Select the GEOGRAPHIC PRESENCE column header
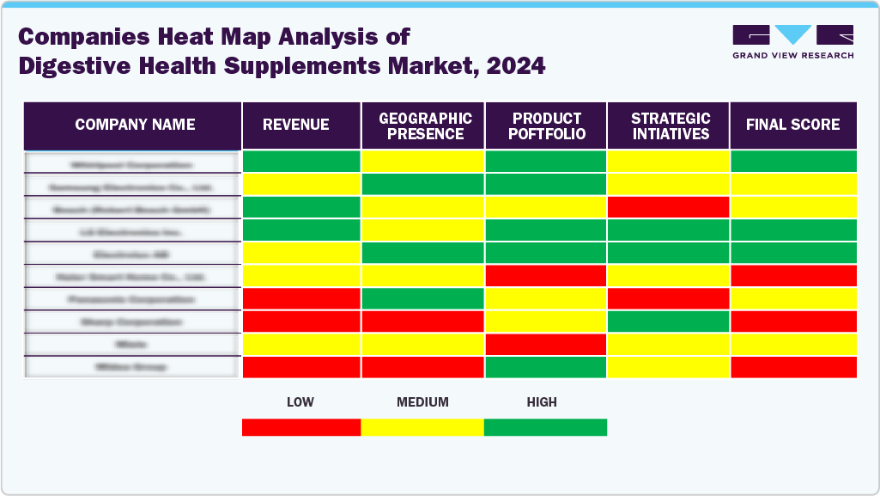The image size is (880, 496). pos(423,126)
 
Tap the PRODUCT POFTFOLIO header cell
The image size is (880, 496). pos(546,126)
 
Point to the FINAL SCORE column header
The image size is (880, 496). pos(792,126)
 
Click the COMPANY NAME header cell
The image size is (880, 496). pos(134,126)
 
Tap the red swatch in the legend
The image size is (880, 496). pos(301,427)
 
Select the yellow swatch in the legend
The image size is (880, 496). pos(422,427)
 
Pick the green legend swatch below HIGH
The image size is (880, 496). pos(545,427)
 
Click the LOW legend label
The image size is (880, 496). pos(300,402)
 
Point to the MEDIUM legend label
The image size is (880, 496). pos(422,402)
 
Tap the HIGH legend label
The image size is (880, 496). pos(542,402)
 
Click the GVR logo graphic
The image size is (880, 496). pos(792,35)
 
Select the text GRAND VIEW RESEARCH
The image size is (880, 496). pos(792,55)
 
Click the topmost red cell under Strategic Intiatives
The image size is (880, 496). pos(669,207)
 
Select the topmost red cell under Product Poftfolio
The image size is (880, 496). pos(546,276)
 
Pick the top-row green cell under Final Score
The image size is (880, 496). pos(792,162)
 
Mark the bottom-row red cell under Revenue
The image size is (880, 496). pos(300,367)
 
